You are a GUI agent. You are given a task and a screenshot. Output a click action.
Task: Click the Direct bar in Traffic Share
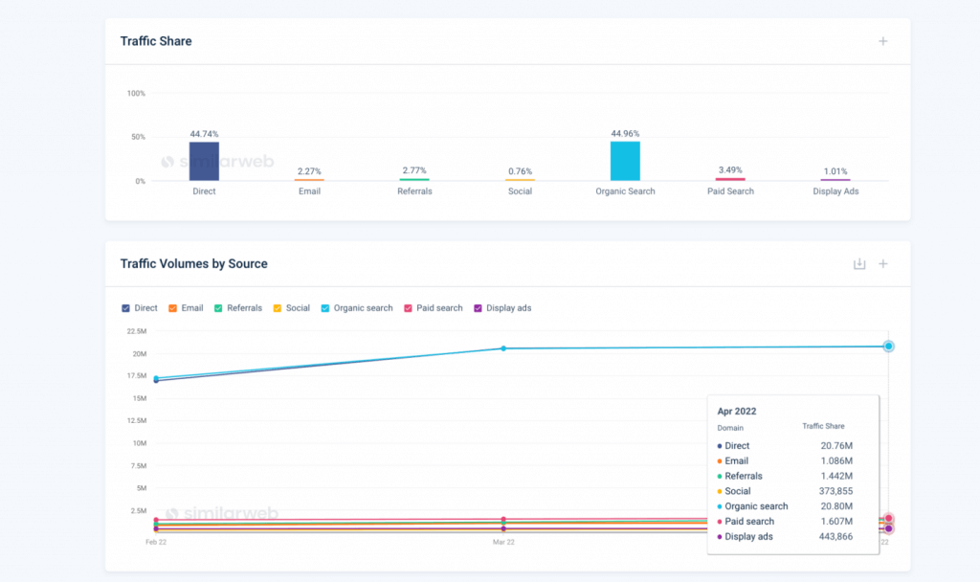204,161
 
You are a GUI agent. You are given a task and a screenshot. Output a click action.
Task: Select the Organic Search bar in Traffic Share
625,161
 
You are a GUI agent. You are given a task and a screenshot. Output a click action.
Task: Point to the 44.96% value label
625,134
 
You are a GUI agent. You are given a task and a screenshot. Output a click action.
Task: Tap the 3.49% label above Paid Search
729,170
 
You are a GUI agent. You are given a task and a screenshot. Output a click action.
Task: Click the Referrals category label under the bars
414,191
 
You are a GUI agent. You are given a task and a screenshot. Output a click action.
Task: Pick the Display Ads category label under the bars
835,191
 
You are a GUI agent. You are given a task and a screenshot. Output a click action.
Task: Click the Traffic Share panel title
156,41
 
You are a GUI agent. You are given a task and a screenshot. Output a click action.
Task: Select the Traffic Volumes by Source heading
194,263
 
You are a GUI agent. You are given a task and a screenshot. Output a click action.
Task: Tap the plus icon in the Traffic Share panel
883,41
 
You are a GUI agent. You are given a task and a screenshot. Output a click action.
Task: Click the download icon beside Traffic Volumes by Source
859,264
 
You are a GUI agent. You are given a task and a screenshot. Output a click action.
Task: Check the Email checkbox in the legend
173,308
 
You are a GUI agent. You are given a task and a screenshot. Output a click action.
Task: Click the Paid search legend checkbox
409,308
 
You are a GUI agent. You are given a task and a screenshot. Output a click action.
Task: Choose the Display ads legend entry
508,308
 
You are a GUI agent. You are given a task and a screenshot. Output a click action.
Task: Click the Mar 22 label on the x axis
503,542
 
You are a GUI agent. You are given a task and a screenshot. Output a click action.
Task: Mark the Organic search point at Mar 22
503,348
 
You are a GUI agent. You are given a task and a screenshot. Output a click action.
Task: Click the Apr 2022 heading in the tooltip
737,412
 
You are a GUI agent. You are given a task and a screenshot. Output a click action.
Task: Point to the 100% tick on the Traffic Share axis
136,94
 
